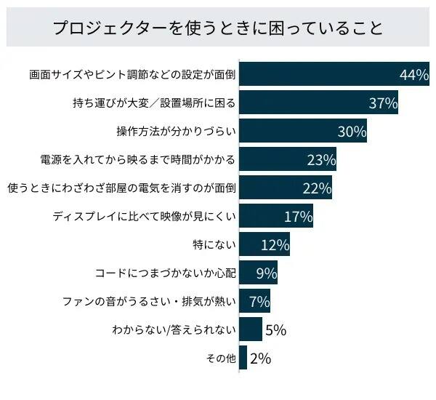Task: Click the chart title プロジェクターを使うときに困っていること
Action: (x=217, y=28)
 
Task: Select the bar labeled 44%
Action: (x=320, y=74)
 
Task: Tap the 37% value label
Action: (x=383, y=103)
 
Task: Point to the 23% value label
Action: (x=321, y=160)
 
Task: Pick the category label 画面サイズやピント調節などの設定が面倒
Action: (x=132, y=75)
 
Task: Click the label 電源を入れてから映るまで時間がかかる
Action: (x=138, y=159)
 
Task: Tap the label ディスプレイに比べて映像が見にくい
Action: (x=145, y=216)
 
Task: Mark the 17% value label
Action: (x=298, y=217)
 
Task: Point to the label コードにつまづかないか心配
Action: (x=166, y=273)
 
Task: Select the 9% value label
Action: (x=267, y=273)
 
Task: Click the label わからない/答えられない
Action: (x=174, y=329)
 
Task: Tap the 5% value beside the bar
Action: (x=275, y=330)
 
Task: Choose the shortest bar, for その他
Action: (x=243, y=358)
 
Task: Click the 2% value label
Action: (x=260, y=359)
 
